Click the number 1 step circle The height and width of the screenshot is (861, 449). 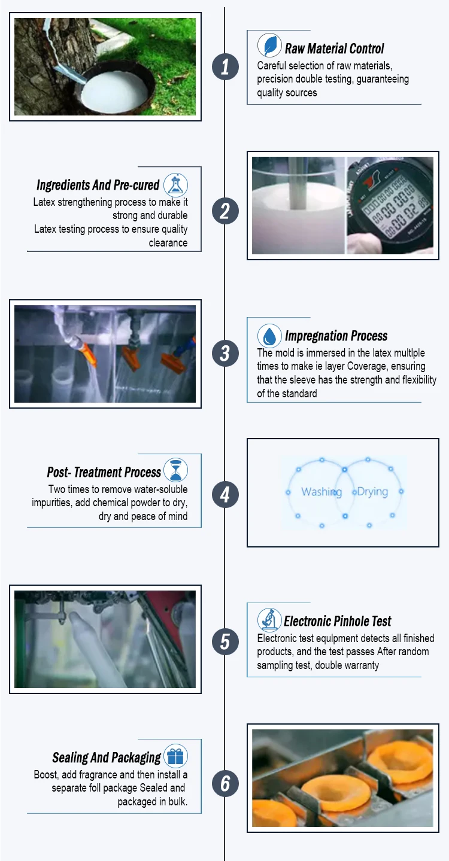point(225,67)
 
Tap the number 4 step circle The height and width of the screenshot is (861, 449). point(225,494)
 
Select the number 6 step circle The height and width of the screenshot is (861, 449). point(225,783)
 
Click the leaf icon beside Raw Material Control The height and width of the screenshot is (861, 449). point(269,45)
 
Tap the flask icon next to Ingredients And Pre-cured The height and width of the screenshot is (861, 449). point(175,185)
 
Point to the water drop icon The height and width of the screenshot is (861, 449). point(269,336)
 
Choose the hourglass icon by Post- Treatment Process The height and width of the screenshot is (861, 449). point(175,470)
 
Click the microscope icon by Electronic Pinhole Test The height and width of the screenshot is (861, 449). point(269,620)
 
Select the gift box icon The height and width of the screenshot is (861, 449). point(175,756)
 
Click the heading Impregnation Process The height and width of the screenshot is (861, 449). point(336,336)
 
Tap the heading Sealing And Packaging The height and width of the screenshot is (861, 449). point(107,757)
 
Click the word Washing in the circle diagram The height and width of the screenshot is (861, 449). point(321,492)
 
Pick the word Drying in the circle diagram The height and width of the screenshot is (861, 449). point(372,492)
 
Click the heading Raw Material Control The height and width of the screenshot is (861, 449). point(334,49)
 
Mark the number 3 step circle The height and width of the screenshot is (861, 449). point(225,353)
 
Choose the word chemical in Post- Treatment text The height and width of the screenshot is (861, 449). point(110,503)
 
